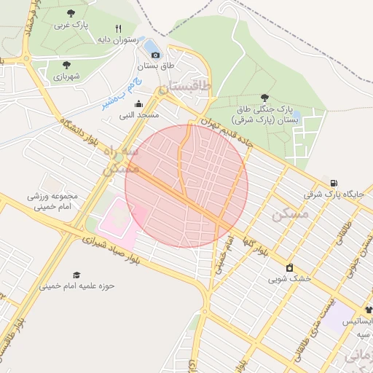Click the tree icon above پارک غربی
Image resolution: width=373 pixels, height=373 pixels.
70,13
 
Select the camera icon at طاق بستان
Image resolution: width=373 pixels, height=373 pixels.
155,55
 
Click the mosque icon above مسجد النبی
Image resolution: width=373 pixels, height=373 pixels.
138,103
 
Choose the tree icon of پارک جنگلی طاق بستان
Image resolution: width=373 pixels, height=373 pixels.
264,98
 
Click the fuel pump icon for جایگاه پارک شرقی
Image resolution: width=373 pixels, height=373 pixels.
334,182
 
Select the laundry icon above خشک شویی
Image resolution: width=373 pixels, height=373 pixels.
290,267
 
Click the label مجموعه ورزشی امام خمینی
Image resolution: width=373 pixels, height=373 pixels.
52,202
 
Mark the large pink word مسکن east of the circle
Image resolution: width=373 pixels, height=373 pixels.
290,214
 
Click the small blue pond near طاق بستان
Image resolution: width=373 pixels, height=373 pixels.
153,48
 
